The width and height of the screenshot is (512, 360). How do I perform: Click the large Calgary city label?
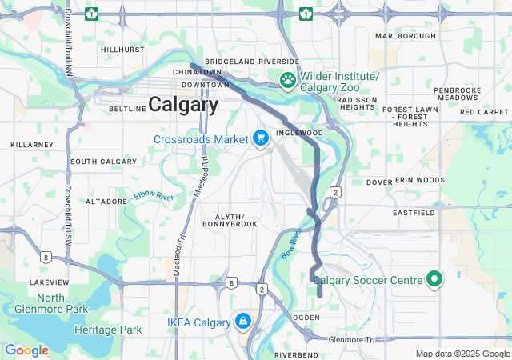183,105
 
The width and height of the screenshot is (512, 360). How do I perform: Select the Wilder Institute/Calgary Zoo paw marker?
287,80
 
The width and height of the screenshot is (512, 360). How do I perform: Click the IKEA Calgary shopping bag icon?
242,322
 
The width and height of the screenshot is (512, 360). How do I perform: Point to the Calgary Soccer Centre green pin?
434,280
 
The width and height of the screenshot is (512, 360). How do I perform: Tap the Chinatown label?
197,72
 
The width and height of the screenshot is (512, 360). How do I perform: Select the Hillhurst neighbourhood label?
123,50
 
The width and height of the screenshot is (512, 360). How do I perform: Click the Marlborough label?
406,36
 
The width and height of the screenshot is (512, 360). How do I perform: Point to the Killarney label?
31,145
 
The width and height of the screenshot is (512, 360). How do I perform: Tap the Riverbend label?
297,354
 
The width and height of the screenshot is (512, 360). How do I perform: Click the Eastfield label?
414,214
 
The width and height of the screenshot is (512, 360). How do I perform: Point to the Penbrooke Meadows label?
457,93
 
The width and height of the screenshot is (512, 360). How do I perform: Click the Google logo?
26,350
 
